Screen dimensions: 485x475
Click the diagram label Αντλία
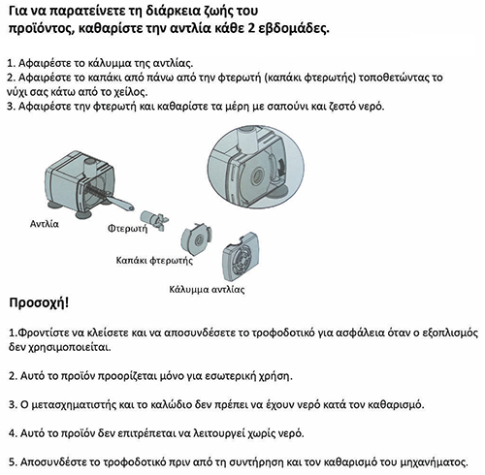tap(45, 224)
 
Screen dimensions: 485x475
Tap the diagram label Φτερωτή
tap(127, 229)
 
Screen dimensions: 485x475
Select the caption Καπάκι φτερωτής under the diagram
tap(154, 261)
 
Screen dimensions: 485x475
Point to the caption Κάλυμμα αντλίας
tap(207, 289)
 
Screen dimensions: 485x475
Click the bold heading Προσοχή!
tap(39, 303)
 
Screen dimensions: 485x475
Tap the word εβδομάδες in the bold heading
tap(294, 28)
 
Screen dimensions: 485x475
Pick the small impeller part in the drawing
tap(154, 220)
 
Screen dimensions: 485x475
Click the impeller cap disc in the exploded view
tap(195, 238)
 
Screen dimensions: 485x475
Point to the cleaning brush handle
tap(122, 204)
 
